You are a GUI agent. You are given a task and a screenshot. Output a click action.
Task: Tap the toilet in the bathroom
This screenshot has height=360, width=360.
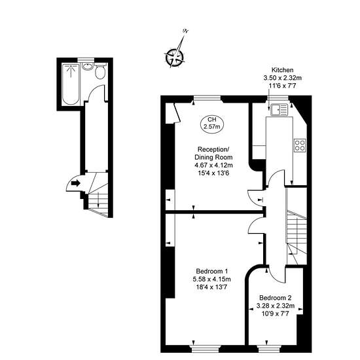pos(100,71)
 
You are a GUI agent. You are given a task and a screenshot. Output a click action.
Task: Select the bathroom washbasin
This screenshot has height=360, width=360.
pos(88,66)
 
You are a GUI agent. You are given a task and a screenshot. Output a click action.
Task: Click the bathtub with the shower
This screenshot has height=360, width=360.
pos(71,84)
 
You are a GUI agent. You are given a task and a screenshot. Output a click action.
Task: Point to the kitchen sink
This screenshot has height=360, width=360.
pos(279,109)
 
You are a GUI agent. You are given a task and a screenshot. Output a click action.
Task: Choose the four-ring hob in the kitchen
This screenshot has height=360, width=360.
pos(300,145)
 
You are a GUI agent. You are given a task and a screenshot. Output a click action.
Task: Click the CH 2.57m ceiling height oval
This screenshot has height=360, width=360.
pos(212,124)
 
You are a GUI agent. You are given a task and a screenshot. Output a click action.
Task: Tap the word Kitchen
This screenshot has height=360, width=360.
pos(282,70)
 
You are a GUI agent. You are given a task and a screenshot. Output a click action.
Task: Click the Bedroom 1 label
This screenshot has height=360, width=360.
pos(212,271)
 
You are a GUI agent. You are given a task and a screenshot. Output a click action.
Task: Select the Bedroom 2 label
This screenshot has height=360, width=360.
pos(276,298)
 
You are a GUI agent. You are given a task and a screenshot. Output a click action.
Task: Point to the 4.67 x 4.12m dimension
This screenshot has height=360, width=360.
pos(213,165)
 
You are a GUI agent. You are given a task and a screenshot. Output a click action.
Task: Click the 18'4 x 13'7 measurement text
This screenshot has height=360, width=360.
pos(211,287)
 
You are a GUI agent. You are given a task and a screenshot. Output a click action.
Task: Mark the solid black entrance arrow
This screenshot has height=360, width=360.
pos(75,183)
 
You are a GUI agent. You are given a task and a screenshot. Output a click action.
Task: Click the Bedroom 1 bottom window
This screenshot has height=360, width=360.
pos(206,349)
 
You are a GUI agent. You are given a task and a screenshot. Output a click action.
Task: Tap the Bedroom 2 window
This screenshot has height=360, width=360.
pos(266,349)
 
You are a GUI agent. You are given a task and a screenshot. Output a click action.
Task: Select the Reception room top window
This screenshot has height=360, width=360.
pos(207,98)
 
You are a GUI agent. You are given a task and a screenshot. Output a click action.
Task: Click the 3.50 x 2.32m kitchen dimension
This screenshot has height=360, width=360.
pos(282,78)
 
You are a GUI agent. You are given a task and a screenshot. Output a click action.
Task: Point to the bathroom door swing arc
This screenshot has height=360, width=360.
pos(95,90)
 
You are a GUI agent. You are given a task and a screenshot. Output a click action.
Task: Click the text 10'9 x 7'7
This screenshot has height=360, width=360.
pos(275,314)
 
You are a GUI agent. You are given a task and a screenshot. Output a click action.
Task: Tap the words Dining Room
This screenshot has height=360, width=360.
pos(213,157)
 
